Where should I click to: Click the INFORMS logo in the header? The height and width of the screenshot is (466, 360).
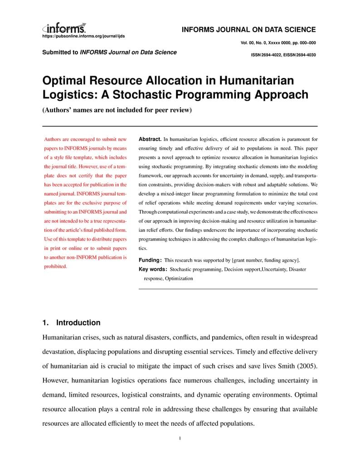(64, 27)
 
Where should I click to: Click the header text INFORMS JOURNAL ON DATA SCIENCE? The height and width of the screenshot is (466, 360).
(248, 30)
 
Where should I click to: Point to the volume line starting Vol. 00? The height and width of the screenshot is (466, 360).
(278, 43)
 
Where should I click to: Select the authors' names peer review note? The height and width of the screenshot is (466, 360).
(117, 110)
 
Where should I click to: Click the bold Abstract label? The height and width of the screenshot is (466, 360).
(150, 139)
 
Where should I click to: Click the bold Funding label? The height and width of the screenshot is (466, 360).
(150, 260)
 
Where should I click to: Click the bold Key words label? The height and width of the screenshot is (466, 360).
(152, 269)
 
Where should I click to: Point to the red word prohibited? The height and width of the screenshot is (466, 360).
(55, 267)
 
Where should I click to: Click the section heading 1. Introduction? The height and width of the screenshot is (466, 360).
(71, 323)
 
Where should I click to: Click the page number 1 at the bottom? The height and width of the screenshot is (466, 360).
(180, 438)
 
